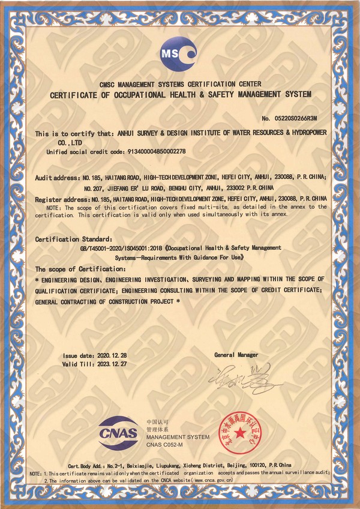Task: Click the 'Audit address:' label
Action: point(57,178)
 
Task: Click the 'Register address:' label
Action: point(61,198)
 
